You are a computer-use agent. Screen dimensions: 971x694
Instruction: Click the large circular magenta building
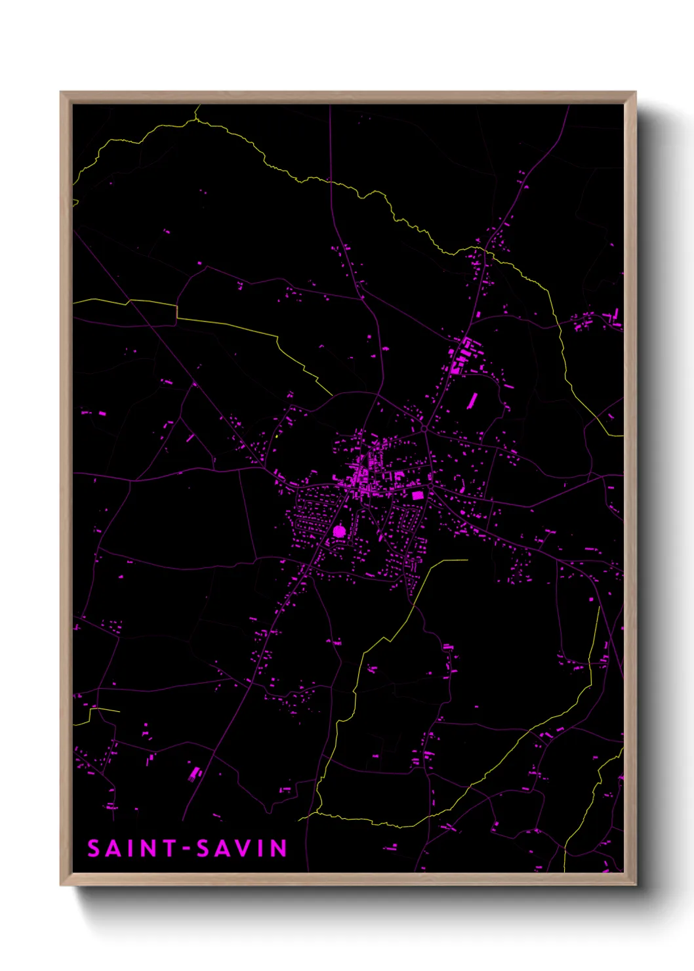click(338, 531)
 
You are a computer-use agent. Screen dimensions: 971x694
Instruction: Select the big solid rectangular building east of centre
click(417, 495)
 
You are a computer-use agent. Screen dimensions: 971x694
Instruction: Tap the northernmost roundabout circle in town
click(425, 428)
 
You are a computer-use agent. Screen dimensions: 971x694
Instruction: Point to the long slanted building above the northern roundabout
click(472, 400)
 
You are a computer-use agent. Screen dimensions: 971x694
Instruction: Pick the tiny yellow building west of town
click(277, 435)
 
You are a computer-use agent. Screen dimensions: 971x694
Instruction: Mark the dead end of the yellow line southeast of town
click(467, 560)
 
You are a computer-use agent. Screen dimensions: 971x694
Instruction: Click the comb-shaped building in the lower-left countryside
click(194, 774)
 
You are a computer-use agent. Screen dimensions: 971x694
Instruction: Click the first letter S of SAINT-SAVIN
click(94, 848)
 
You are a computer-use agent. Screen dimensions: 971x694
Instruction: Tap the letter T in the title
click(170, 848)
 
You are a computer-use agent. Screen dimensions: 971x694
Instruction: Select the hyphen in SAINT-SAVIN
click(188, 850)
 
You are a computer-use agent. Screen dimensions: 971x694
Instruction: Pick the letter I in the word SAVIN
click(260, 848)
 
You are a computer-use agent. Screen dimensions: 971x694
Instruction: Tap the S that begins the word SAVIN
click(204, 848)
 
